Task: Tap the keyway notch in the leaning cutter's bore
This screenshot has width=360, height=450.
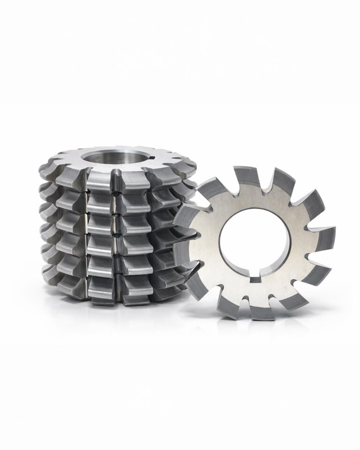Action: pos(255,278)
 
